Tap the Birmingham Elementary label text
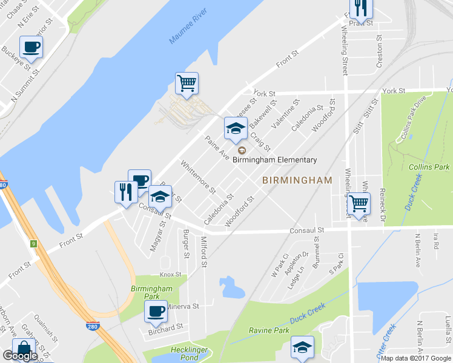[275, 160]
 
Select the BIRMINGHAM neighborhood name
[297, 180]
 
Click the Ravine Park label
[269, 330]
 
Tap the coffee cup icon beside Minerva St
[156, 312]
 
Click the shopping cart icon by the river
[187, 83]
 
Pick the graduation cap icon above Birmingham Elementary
[236, 128]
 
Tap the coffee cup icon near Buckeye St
[31, 47]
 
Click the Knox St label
[170, 275]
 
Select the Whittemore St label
[198, 177]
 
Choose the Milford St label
[204, 253]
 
